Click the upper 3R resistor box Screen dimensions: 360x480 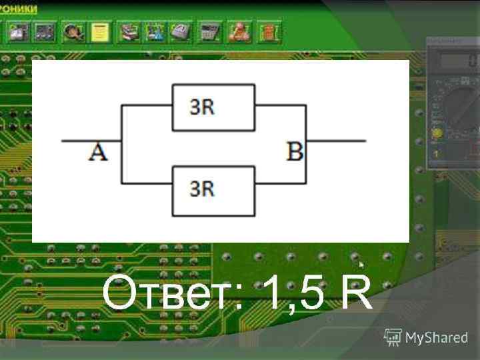tap(213, 107)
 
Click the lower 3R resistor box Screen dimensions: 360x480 tap(213, 191)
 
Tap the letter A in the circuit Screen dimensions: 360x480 tap(97, 153)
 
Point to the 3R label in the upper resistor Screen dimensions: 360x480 tap(202, 107)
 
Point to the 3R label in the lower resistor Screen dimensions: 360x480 tap(202, 189)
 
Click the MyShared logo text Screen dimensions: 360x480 tap(437, 337)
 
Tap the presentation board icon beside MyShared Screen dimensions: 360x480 tap(393, 337)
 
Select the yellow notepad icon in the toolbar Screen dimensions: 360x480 tap(100, 31)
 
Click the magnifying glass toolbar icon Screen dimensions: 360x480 tap(72, 31)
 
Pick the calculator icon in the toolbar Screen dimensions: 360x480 tap(209, 31)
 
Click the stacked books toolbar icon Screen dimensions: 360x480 tap(127, 31)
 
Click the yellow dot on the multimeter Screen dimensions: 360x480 tap(437, 133)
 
